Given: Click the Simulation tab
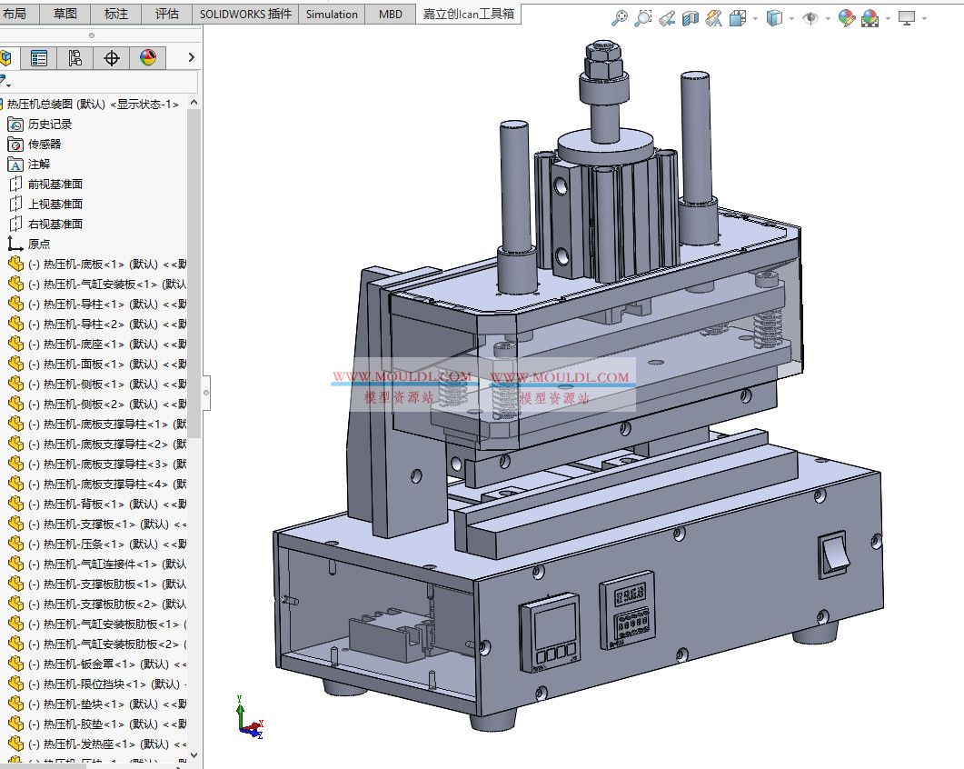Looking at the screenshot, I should (332, 14).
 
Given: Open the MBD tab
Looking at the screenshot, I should (391, 14).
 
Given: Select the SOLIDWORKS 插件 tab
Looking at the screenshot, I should (245, 14).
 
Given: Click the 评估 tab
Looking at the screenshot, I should (167, 14).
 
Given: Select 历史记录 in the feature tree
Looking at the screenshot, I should (49, 125).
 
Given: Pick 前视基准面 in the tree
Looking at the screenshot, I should (55, 185).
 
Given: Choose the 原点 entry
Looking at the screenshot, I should (38, 245).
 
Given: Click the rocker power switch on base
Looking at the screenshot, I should (832, 554).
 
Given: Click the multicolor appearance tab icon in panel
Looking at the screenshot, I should (148, 58).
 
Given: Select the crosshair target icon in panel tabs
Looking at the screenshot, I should (112, 58).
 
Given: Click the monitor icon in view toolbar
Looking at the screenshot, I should (906, 18).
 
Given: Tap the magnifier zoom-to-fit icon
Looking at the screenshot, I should (620, 18).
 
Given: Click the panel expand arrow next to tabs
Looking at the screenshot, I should (191, 58).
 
